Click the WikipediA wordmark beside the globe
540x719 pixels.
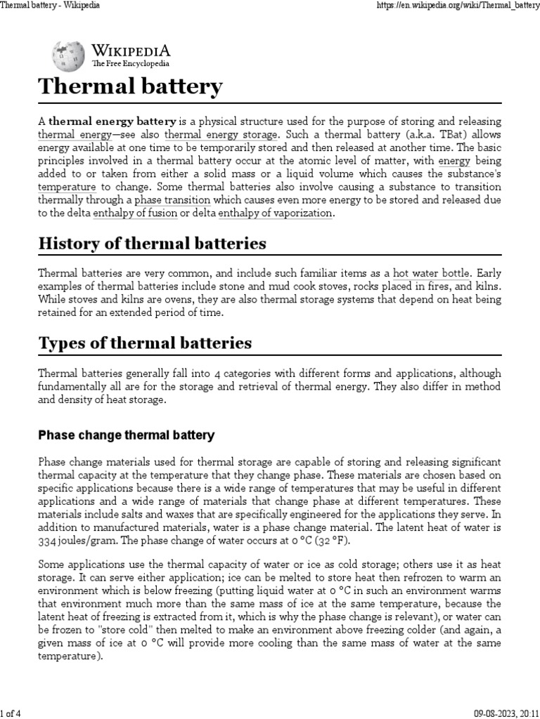(131, 51)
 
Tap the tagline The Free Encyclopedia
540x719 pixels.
(131, 64)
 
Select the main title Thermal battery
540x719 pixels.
(130, 87)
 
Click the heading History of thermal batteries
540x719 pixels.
(152, 244)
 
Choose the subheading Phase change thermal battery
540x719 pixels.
(126, 435)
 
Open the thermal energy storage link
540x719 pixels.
(221, 134)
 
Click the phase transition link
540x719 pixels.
(172, 200)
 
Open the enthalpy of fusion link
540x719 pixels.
(135, 213)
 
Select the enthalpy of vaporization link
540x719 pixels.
(275, 213)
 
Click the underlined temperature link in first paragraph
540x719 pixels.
(67, 187)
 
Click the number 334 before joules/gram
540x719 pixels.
(47, 542)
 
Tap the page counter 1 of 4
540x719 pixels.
(11, 713)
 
